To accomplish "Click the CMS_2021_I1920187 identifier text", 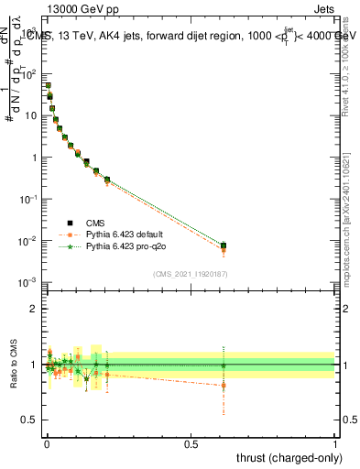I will point(191,272).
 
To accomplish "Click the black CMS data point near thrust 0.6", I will point(224,245).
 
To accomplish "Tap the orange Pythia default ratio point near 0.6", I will point(224,385).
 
